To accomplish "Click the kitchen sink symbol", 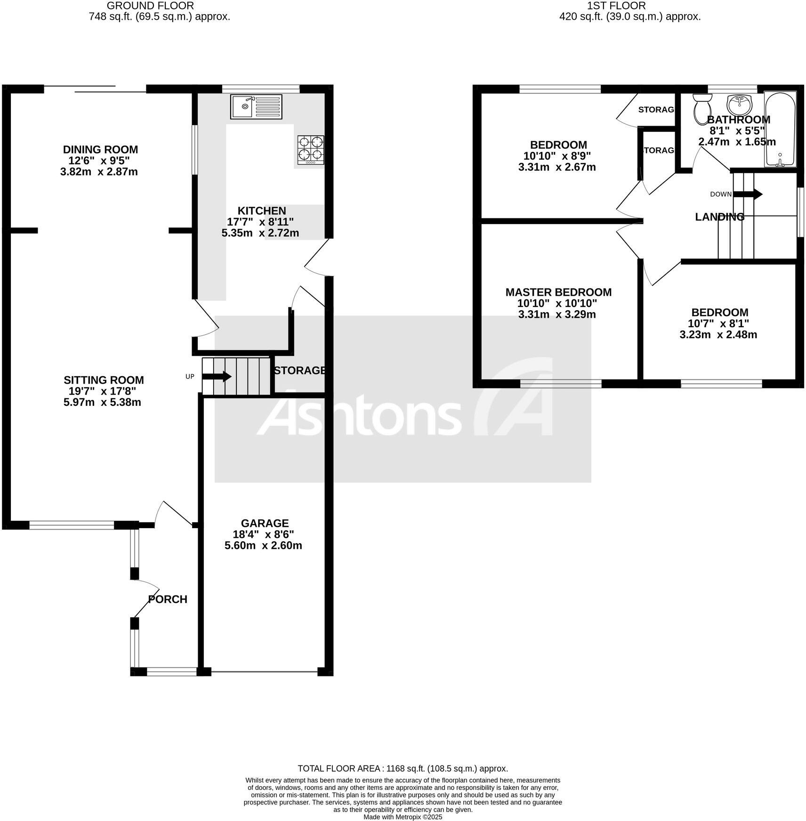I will click(x=256, y=106).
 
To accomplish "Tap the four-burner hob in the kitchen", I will click(x=311, y=149).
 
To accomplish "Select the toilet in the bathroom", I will click(x=702, y=107).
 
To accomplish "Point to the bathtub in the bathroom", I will click(x=780, y=130).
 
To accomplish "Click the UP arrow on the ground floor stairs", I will click(x=217, y=377).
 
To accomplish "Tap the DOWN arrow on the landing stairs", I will click(x=748, y=194).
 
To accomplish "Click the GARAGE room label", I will click(x=265, y=523).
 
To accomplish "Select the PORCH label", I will click(x=168, y=599).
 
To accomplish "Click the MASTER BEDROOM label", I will click(x=558, y=292).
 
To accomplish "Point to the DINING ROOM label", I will click(x=100, y=150).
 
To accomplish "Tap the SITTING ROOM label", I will click(x=104, y=380).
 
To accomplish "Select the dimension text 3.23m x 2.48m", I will click(x=718, y=335).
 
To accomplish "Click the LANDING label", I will click(x=719, y=217).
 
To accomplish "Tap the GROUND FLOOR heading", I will click(x=150, y=6).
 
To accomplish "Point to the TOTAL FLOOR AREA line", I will click(x=403, y=769).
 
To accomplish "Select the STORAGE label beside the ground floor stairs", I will click(x=299, y=370).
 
